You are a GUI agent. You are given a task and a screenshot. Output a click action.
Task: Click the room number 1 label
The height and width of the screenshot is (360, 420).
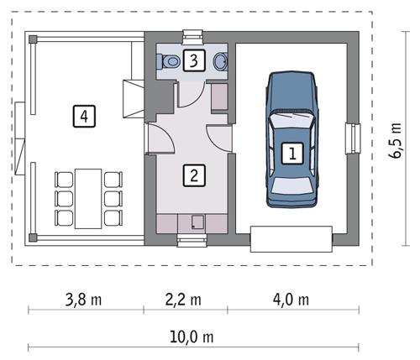point(292,154)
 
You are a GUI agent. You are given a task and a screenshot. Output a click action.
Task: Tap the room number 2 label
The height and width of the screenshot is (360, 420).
point(194,175)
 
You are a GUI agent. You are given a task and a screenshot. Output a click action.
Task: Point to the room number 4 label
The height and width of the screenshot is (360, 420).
point(81,115)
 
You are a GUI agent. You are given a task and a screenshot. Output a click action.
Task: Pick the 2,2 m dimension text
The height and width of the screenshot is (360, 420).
point(184,300)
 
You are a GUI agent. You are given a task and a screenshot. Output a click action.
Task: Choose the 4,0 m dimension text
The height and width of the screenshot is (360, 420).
point(291,300)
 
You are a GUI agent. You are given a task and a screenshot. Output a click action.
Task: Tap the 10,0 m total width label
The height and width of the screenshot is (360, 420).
point(194,337)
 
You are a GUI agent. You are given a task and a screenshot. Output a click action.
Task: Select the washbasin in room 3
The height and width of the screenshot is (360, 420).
point(221,61)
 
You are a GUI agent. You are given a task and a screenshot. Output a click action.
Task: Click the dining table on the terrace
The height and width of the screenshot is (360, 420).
point(87,198)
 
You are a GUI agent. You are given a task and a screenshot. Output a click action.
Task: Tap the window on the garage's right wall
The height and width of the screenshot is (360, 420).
point(354,138)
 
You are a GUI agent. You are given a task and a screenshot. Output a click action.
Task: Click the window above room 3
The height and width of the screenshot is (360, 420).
point(192,37)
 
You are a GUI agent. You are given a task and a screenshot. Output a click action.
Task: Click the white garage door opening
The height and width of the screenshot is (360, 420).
point(291,239)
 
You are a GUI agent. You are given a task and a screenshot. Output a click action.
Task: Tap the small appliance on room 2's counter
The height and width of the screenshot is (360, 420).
point(197,223)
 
